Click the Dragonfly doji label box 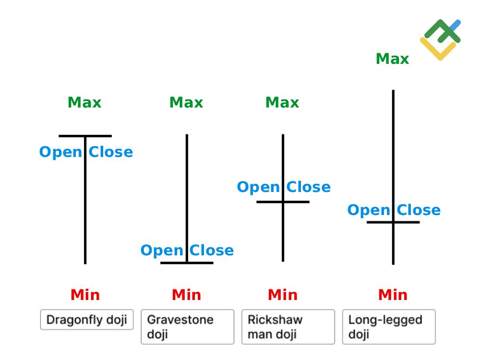coord(87,320)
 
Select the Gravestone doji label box coord(187,327)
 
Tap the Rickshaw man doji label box coord(288,327)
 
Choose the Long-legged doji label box coord(389,327)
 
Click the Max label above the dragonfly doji coord(84,102)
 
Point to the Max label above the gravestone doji coord(186,102)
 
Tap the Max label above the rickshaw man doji coord(282,102)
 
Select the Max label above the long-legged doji coord(392,59)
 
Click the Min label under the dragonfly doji coord(85,295)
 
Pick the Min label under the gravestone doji coord(186,295)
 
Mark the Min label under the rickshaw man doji coord(282,295)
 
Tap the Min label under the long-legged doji coord(393,295)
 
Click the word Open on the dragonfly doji coord(60,152)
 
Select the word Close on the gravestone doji coord(212,251)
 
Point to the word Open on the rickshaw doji coord(258,187)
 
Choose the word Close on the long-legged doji coord(419,210)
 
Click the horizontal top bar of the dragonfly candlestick coord(72,136)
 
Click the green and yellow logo coord(441,40)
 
